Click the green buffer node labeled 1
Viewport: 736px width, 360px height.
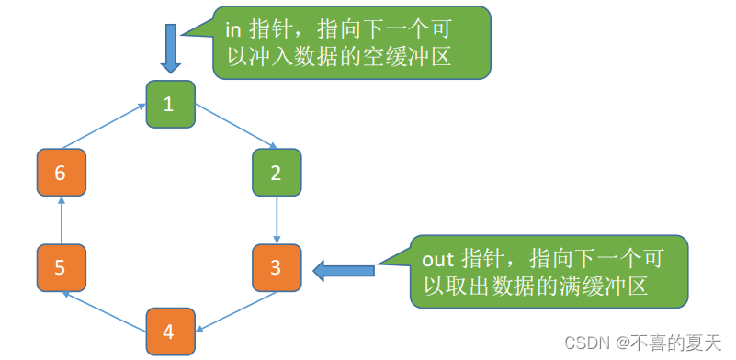[x=169, y=103]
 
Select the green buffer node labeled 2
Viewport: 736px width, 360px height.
[x=277, y=173]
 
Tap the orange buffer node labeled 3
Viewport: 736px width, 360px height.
[x=277, y=269]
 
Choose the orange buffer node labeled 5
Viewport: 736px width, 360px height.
[x=61, y=268]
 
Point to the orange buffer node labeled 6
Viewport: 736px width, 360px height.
[x=61, y=173]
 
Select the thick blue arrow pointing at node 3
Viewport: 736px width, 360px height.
[x=345, y=270]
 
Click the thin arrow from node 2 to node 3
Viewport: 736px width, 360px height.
[x=277, y=220]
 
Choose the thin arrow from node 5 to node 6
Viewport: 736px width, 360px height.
[x=61, y=220]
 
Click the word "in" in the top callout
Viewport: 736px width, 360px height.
[x=233, y=27]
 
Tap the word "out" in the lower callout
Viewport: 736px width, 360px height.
[x=436, y=258]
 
